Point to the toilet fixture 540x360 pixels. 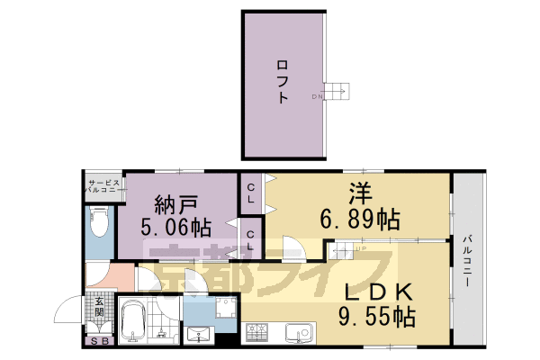99,221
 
